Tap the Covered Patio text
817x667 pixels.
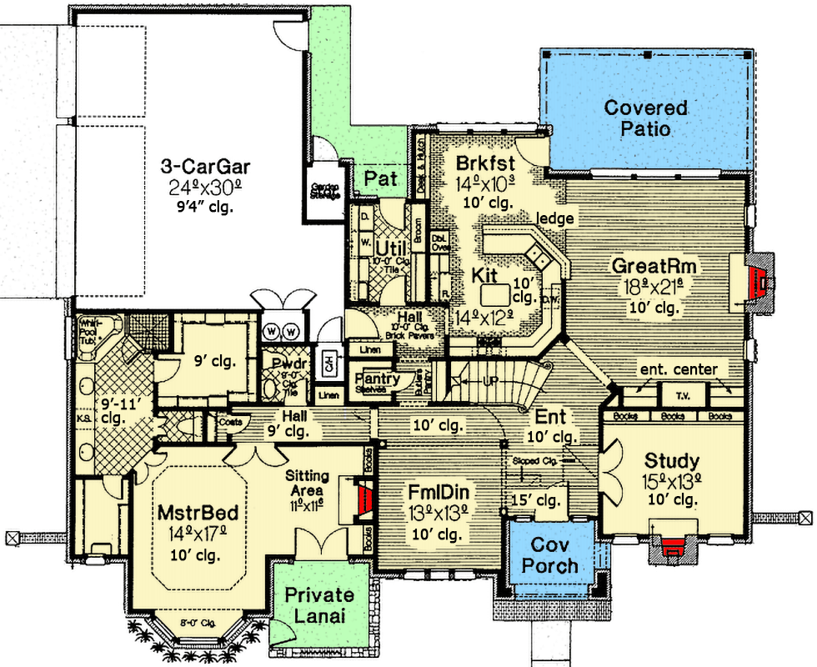tap(645, 118)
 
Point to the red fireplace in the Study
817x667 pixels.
tap(672, 546)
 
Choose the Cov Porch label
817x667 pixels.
tap(554, 554)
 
